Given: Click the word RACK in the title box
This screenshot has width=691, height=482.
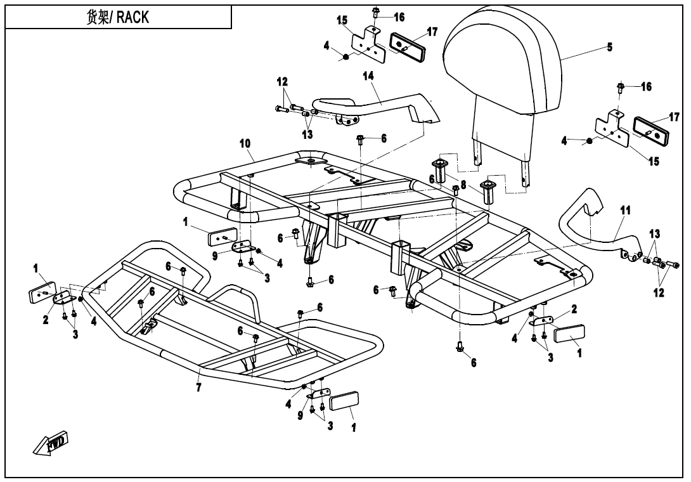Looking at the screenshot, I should point(133,17).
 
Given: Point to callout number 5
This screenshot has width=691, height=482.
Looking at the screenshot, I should point(609,47).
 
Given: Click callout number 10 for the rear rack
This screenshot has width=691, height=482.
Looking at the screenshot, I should point(245,144).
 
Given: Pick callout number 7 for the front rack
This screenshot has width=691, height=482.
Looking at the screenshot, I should point(199,387).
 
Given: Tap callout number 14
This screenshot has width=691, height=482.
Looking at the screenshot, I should point(368,75).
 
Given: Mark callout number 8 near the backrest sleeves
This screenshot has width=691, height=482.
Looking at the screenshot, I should point(463,186).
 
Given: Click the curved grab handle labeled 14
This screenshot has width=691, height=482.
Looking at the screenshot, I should point(380,105).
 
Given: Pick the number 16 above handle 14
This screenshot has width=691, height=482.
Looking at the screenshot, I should point(399,17).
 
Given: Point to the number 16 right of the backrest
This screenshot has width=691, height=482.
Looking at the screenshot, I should point(646,87).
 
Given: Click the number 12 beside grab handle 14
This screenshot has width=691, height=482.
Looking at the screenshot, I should point(282,82).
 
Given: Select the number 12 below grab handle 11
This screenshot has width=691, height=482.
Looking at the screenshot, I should point(659,292).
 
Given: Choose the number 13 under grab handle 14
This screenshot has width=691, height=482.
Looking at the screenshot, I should point(307,134).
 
